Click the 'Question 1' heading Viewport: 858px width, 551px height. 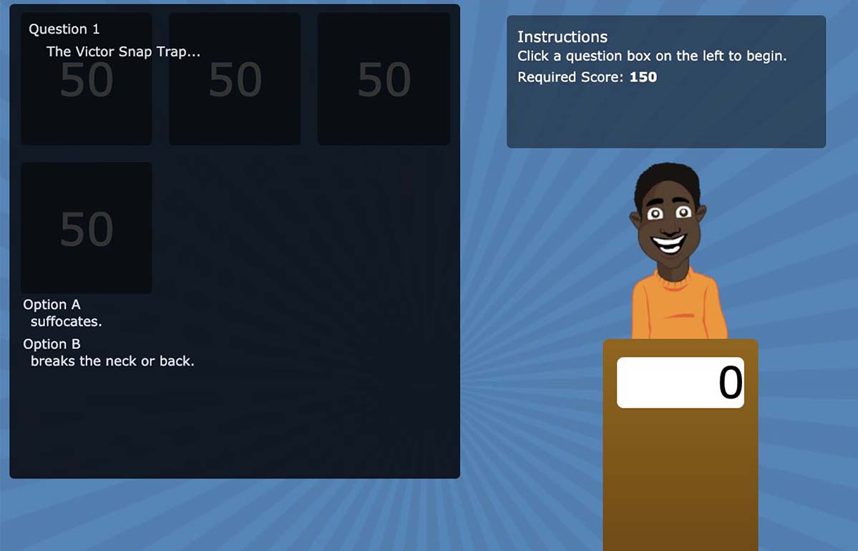point(64,29)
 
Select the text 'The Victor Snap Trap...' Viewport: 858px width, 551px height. point(123,52)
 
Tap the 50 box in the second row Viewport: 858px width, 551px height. point(87,228)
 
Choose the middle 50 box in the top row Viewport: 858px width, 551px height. point(235,79)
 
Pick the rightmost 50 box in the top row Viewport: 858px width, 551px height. point(384,79)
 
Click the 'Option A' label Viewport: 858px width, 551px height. point(52,304)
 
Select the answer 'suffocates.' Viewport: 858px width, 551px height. point(67,321)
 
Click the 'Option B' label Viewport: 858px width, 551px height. point(52,343)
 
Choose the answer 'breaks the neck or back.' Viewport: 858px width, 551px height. point(112,361)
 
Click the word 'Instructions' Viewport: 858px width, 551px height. point(562,36)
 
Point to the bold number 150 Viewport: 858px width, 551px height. point(643,77)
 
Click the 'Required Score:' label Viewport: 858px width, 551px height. point(570,77)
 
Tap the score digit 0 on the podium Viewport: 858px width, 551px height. point(731,382)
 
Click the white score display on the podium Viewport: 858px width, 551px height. point(680,382)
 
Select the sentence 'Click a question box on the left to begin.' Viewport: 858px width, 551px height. point(652,57)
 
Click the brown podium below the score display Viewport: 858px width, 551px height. point(680,476)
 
